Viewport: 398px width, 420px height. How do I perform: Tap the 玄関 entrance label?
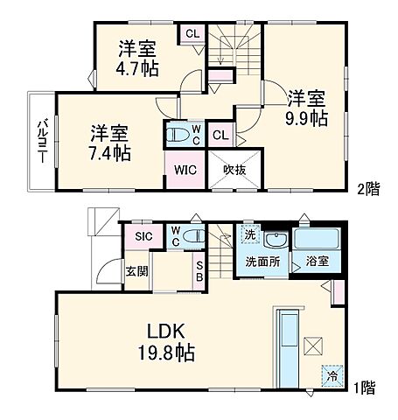click(136, 271)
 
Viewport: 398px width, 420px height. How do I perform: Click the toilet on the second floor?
click(177, 135)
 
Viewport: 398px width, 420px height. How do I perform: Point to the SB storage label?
click(199, 270)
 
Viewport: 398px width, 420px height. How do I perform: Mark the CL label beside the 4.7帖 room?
click(191, 35)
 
